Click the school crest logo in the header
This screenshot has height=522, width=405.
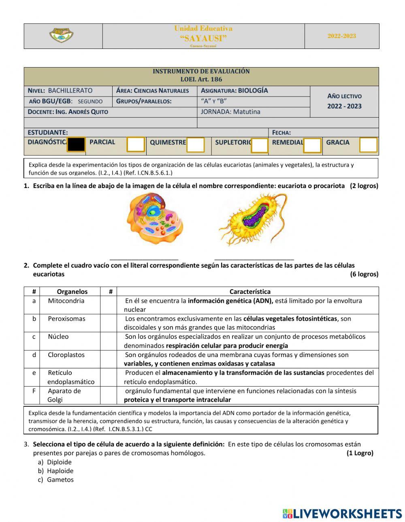pos(61,36)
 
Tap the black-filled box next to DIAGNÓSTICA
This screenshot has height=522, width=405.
pos(76,144)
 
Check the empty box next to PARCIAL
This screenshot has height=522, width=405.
pos(136,144)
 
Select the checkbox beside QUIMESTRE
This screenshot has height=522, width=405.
pos(195,145)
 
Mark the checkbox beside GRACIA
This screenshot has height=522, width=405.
pos(368,145)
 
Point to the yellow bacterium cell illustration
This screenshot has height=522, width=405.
pos(253,219)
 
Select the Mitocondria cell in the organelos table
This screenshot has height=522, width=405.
pos(66,301)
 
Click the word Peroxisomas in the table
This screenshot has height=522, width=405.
pos(66,319)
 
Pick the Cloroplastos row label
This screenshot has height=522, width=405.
pos(66,355)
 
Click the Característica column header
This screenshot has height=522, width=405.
pos(250,292)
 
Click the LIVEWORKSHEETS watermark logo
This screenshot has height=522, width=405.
pos(342,514)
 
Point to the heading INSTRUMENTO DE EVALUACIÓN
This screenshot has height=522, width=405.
pos(201,71)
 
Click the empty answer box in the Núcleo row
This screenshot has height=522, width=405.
pos(109,341)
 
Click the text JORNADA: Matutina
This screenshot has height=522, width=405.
pos(230,112)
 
